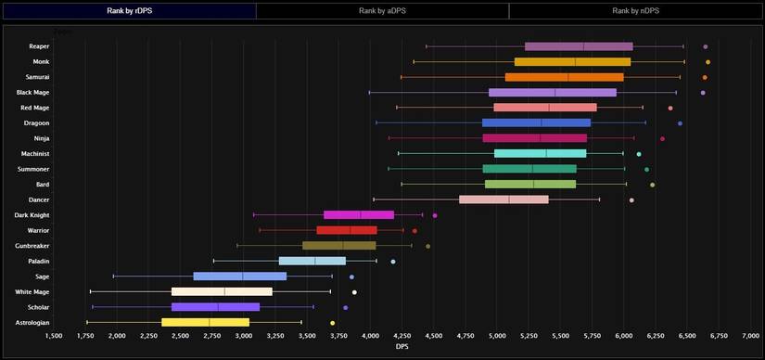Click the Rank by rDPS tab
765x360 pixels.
point(129,10)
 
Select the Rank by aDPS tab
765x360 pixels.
point(382,10)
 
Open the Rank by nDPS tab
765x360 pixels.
point(635,10)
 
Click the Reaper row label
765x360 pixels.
point(39,45)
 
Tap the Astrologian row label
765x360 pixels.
point(32,322)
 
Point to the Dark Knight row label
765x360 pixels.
point(32,214)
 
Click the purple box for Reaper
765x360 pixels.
point(579,46)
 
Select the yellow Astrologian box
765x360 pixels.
point(205,322)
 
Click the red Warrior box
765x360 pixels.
point(347,230)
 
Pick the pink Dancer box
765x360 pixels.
point(504,199)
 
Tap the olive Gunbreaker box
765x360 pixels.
point(339,246)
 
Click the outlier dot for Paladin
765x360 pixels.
point(393,262)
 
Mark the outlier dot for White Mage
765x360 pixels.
point(354,292)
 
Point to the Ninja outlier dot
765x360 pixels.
point(662,138)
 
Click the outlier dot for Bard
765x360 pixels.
point(652,185)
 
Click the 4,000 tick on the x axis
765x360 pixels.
point(370,336)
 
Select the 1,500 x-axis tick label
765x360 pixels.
point(54,336)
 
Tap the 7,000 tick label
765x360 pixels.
point(749,336)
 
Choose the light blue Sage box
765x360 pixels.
point(240,276)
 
